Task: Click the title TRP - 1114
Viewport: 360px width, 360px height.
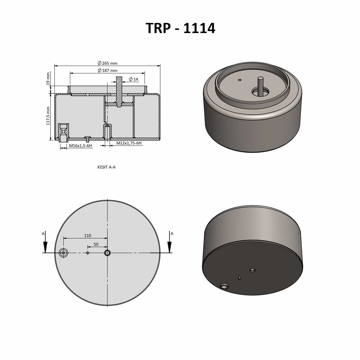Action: [180, 28]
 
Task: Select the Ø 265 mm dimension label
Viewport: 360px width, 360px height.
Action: [108, 63]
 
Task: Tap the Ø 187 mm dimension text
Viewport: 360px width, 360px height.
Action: [108, 70]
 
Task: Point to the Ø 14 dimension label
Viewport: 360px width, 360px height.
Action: [133, 79]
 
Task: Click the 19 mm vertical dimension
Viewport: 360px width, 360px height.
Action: [48, 78]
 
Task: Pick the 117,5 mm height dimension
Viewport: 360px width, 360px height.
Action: [48, 116]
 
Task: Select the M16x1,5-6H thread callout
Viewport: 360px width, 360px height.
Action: [80, 146]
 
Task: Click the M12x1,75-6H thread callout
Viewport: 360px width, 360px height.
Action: [129, 143]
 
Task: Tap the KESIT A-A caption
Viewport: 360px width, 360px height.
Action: [106, 167]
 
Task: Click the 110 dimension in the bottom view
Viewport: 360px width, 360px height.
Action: [88, 236]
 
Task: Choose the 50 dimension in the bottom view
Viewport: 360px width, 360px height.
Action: [96, 244]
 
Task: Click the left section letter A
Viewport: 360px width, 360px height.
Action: [43, 234]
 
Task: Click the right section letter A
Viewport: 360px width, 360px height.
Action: [172, 234]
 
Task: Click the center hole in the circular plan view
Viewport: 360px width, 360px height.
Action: [107, 253]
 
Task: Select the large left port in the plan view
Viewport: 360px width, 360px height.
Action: [63, 253]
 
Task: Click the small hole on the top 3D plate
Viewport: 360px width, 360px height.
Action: [240, 80]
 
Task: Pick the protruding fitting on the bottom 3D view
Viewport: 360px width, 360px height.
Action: [224, 286]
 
